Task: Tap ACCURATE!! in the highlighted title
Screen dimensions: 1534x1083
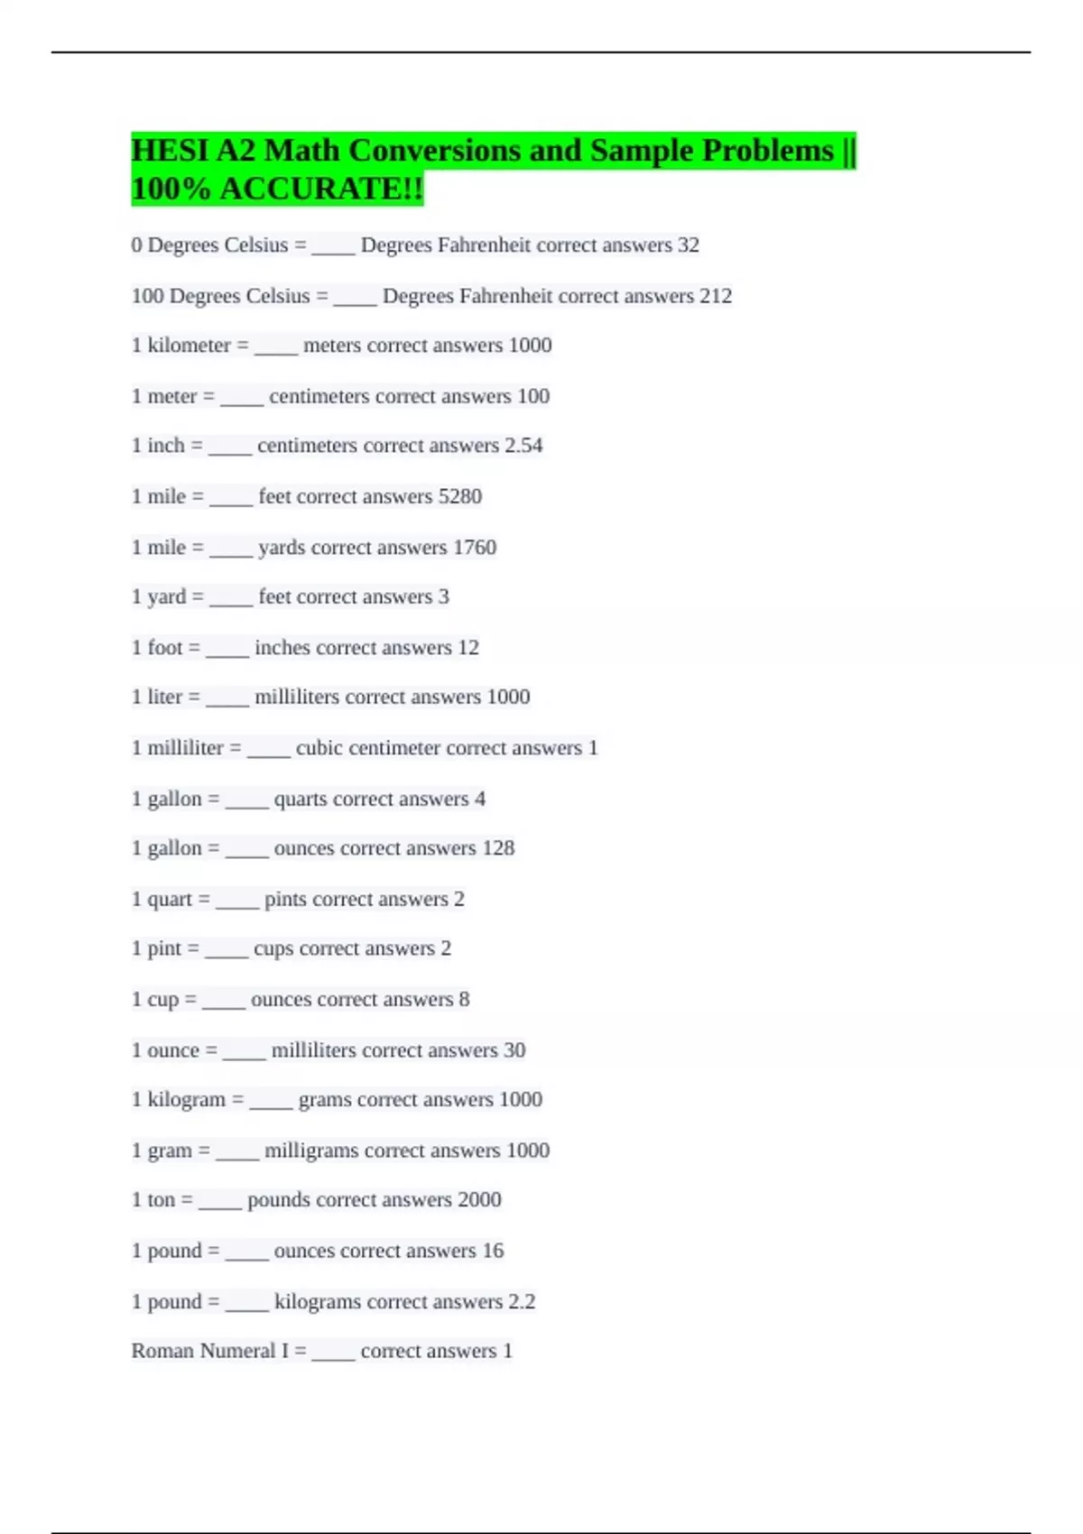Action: coord(321,189)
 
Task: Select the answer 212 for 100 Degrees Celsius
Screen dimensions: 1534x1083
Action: coord(716,296)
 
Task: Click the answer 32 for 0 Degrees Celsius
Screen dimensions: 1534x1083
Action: coord(689,245)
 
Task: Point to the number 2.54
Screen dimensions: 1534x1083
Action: coord(523,446)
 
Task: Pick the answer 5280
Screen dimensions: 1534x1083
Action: coord(459,496)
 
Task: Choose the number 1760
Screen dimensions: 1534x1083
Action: coord(475,548)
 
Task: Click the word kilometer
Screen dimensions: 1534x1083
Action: coord(189,346)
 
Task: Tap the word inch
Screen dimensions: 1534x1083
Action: coord(166,446)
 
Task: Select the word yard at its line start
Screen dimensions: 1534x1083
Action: coord(166,597)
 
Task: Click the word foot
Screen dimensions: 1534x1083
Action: coord(165,648)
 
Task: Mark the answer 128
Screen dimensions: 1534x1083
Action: coord(498,848)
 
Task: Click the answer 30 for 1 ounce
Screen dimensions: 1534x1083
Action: coord(514,1050)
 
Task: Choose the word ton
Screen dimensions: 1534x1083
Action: coord(161,1200)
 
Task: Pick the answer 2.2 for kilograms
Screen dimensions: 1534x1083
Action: coord(522,1302)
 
